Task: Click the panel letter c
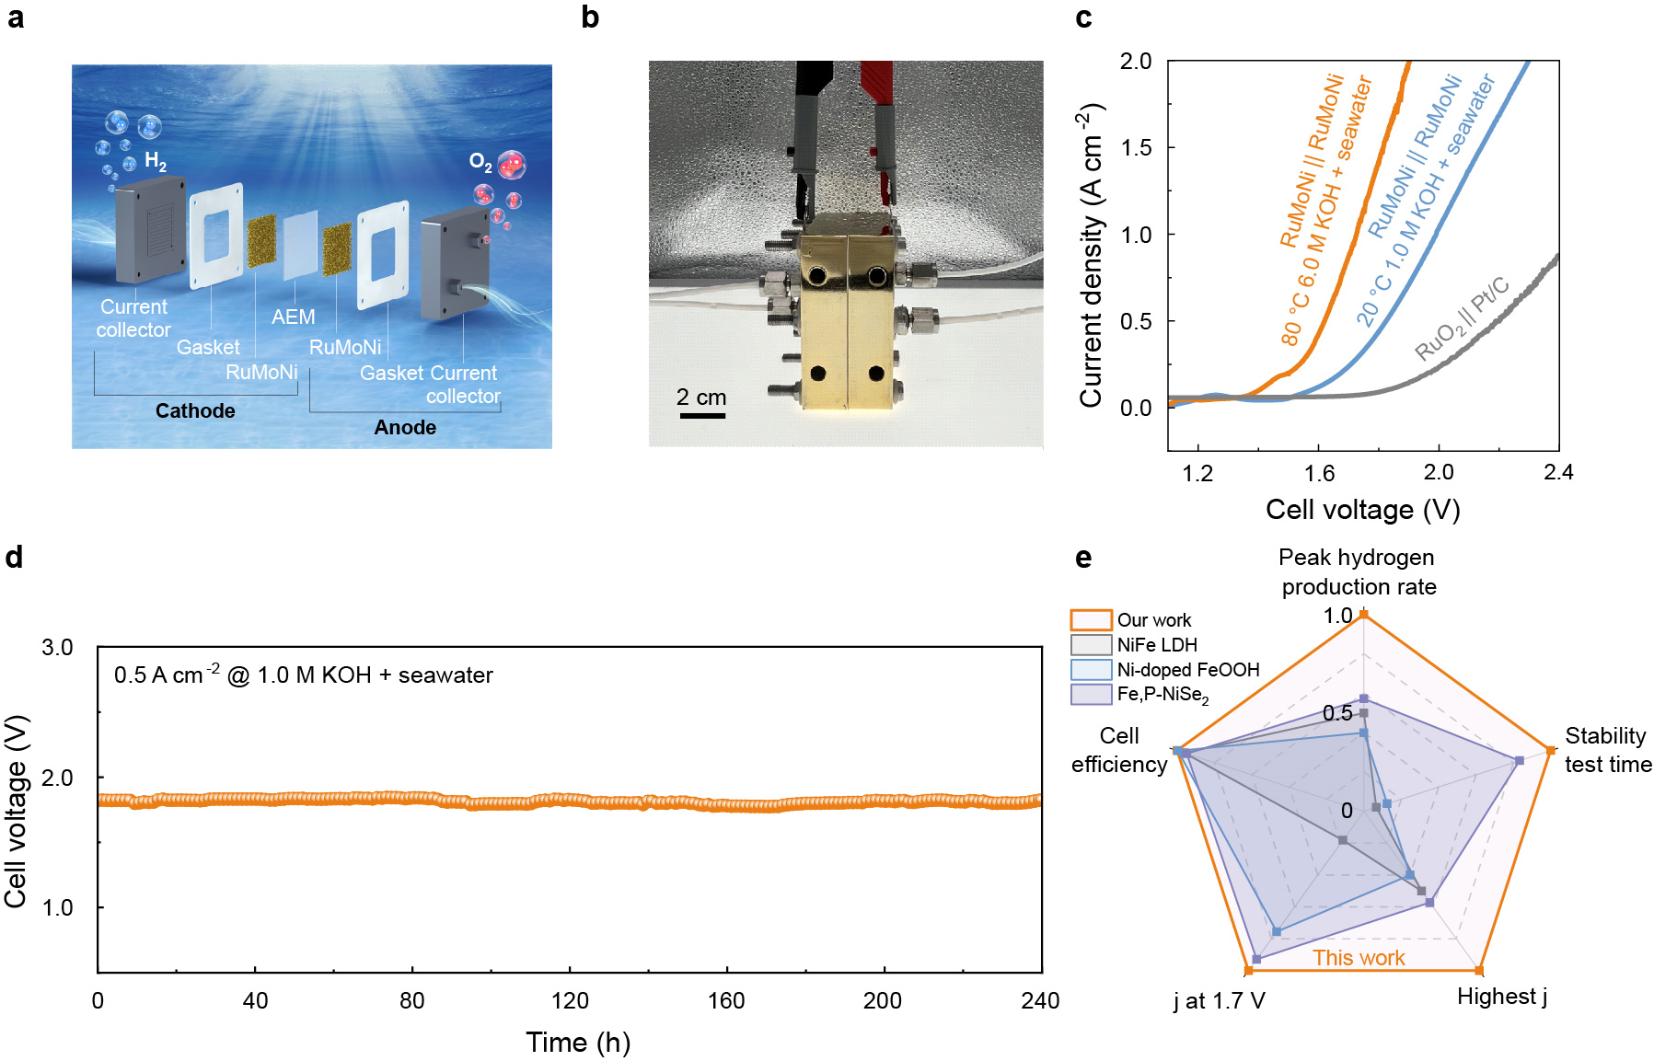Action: coord(1083,18)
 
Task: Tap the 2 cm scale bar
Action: coord(702,416)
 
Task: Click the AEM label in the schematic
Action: coord(293,317)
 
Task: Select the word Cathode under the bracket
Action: coord(195,410)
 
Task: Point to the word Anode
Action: coord(405,427)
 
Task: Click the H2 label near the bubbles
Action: coord(156,163)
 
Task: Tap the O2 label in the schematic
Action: coord(480,162)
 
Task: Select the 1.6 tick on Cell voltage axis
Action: coord(1319,473)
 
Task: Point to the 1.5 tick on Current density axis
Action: coord(1136,148)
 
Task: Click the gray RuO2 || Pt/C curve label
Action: coord(1462,317)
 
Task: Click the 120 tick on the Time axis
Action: coord(570,1001)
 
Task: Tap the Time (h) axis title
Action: coord(578,1042)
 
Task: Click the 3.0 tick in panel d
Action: coord(57,648)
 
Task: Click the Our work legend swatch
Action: coord(1091,619)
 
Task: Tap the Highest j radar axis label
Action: coord(1501,997)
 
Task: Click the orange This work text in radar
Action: coord(1359,958)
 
